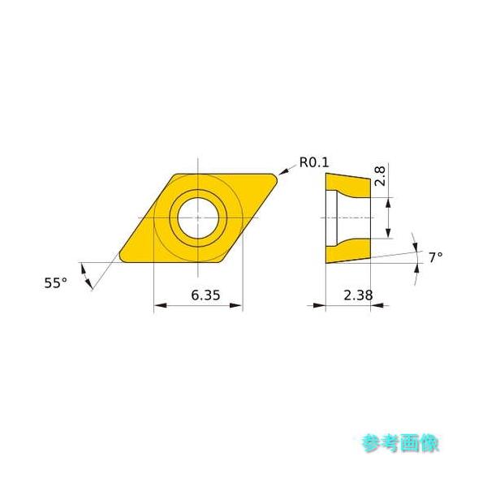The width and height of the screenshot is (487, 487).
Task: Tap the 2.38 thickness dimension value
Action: pos(358,295)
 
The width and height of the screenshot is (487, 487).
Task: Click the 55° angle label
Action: pos(54,282)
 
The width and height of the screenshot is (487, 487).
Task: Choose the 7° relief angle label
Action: pos(436,257)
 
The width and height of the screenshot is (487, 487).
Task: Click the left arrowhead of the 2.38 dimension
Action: pos(320,306)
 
